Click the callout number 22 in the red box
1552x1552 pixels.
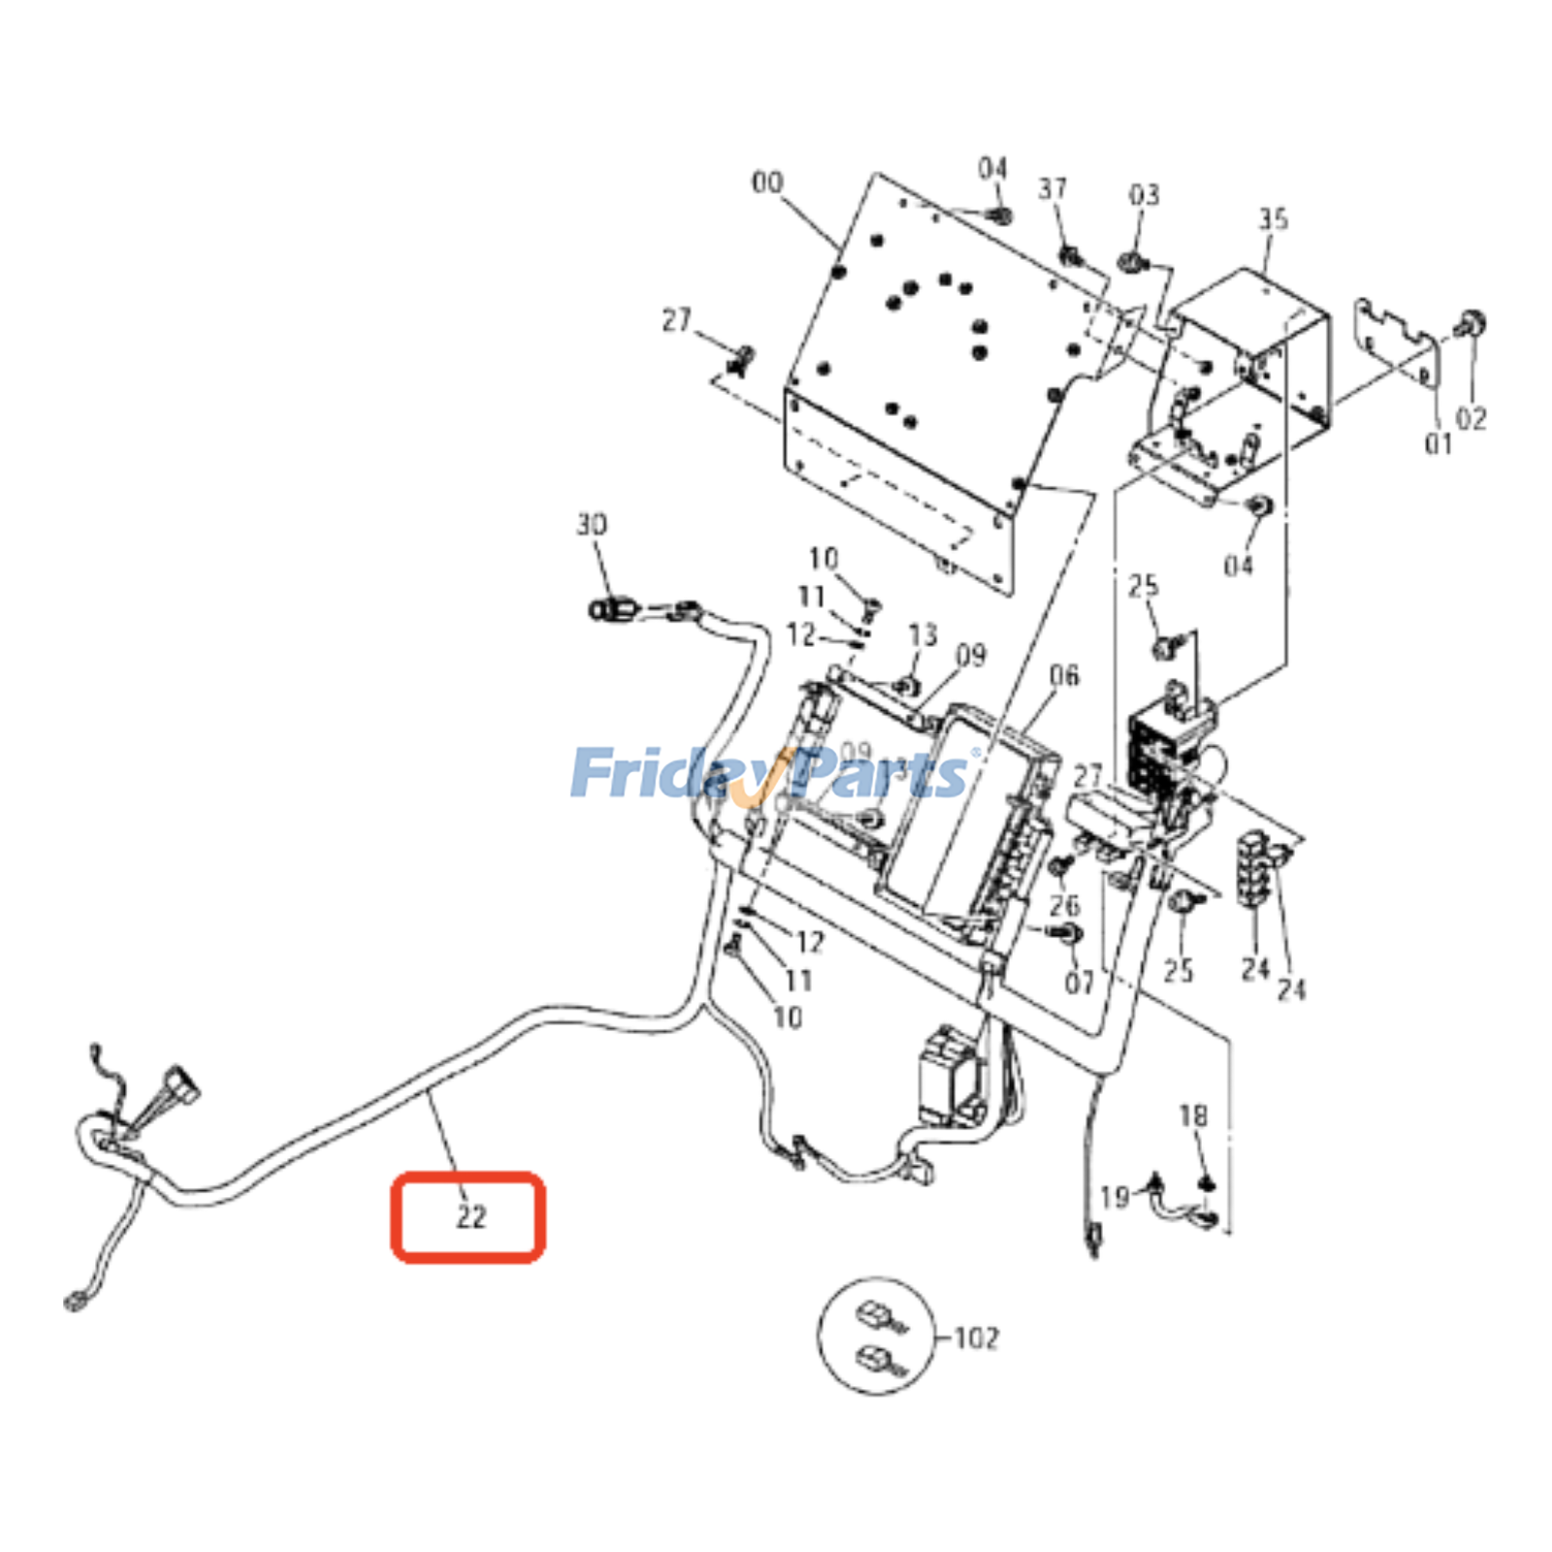coord(470,1216)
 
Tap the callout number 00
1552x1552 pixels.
coord(766,182)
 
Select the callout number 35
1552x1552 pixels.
coord(1273,219)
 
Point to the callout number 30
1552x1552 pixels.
coord(592,525)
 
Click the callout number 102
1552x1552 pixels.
coord(976,1339)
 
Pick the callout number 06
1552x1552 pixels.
coord(1063,675)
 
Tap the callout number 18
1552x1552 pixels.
coord(1193,1115)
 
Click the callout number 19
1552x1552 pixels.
coord(1115,1197)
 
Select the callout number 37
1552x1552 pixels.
coord(1052,188)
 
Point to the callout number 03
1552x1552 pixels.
coord(1144,195)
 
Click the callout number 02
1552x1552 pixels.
coord(1471,418)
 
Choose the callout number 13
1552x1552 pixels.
coord(922,635)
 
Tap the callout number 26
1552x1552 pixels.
coord(1064,905)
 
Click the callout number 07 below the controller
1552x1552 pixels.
coord(1079,983)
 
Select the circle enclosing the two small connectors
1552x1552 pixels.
coord(877,1336)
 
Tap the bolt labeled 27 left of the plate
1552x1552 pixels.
coord(742,359)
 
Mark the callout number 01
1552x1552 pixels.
coord(1438,443)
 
